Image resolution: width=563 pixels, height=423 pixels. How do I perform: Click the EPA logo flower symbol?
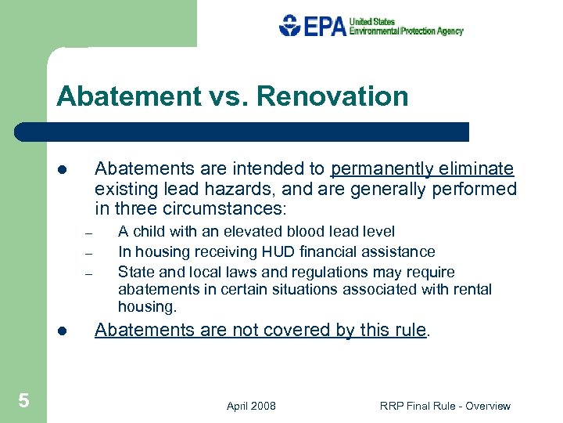290,25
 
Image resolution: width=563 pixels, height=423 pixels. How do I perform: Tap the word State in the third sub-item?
135,272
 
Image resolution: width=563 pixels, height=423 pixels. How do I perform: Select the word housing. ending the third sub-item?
147,306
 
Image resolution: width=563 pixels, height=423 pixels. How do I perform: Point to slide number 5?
23,401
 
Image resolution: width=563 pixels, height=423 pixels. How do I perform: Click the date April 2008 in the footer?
251,406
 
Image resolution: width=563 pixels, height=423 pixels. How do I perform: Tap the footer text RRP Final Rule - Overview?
445,406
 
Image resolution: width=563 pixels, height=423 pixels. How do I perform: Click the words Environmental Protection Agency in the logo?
406,31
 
